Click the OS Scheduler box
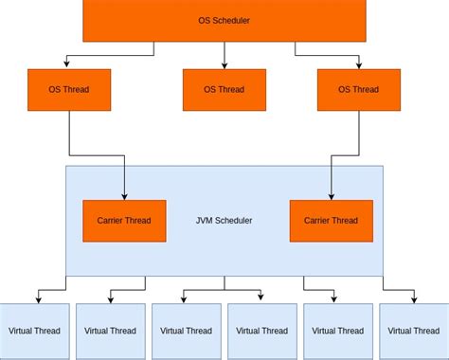pyautogui.click(x=224, y=21)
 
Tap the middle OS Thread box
pyautogui.click(x=224, y=90)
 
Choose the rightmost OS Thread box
pyautogui.click(x=357, y=90)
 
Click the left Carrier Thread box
pyautogui.click(x=124, y=221)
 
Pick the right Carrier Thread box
pyautogui.click(x=331, y=221)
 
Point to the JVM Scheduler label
pyautogui.click(x=224, y=221)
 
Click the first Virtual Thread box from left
pyautogui.click(x=34, y=331)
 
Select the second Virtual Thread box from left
pyautogui.click(x=110, y=331)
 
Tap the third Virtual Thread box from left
pyautogui.click(x=186, y=331)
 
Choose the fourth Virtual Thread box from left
pyautogui.click(x=261, y=331)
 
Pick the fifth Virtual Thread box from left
pyautogui.click(x=337, y=331)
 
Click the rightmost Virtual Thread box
pyautogui.click(x=414, y=331)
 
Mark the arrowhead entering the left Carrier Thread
pyautogui.click(x=125, y=195)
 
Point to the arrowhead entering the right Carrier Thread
pyautogui.click(x=331, y=195)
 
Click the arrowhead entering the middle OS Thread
pyautogui.click(x=224, y=66)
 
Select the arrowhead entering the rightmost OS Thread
pyautogui.click(x=358, y=66)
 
